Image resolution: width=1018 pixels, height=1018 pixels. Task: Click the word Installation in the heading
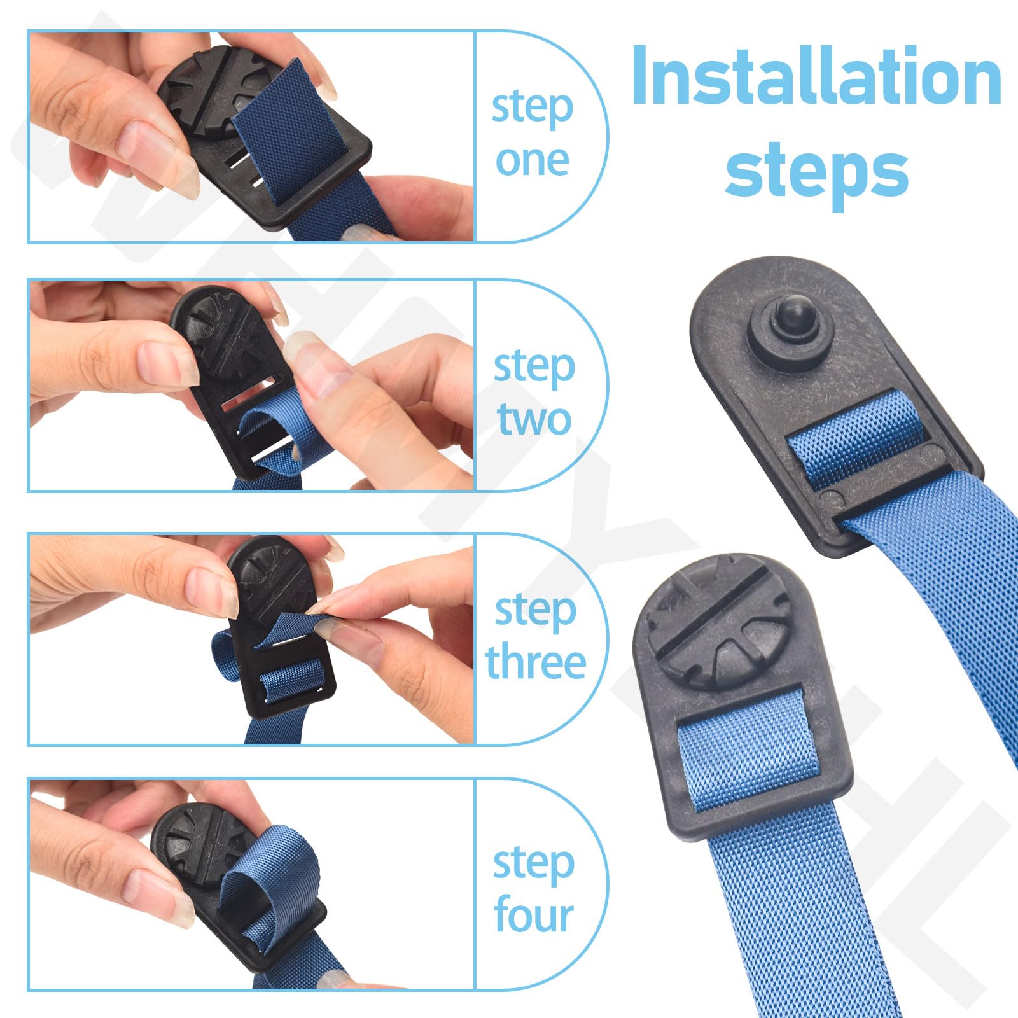(817, 77)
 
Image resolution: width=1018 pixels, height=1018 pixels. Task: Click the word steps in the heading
(817, 168)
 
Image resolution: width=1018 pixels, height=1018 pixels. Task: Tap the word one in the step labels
(533, 161)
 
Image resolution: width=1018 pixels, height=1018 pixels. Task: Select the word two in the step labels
(534, 419)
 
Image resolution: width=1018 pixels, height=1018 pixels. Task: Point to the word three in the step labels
(535, 662)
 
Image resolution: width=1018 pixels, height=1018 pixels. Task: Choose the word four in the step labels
(534, 914)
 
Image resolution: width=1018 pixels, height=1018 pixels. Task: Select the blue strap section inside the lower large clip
(748, 751)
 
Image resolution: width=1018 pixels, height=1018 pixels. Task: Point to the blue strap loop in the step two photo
(277, 433)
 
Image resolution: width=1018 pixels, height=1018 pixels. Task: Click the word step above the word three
(536, 611)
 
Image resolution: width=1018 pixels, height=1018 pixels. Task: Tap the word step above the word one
(533, 108)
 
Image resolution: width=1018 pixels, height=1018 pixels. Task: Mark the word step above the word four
(534, 863)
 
